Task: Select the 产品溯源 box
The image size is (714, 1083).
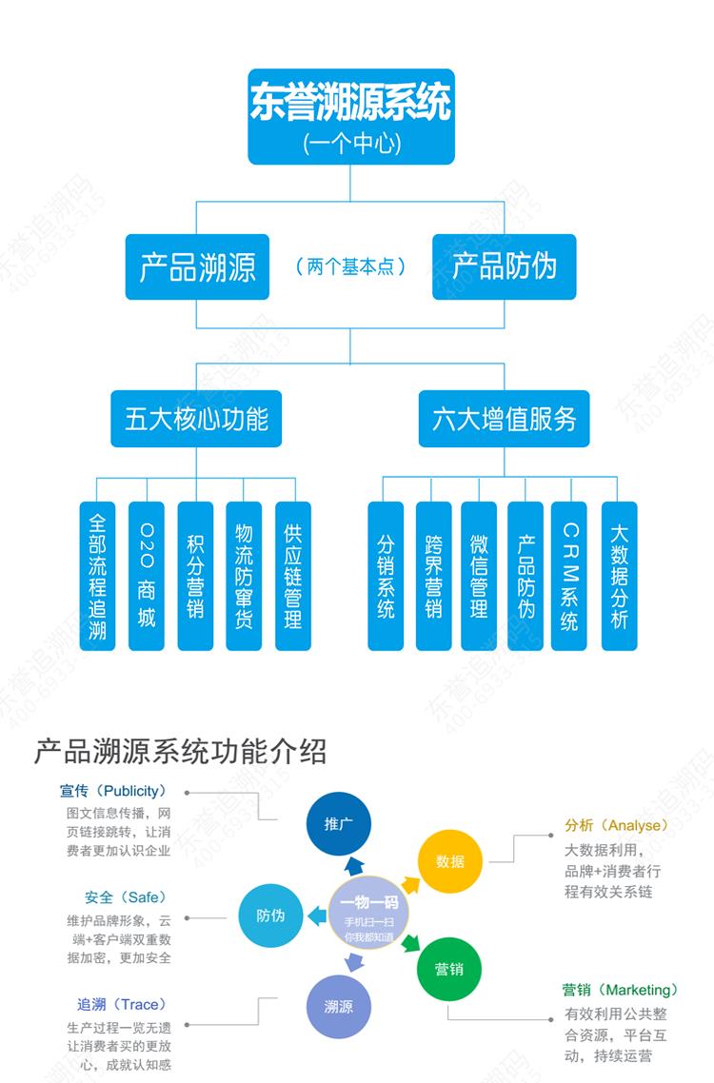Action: click(197, 266)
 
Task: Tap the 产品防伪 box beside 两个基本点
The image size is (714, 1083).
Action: click(504, 266)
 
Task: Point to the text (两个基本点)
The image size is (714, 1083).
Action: click(350, 266)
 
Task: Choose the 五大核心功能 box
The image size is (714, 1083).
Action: click(196, 419)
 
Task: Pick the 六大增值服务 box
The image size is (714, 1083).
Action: click(504, 419)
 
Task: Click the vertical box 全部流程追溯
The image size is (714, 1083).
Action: click(97, 576)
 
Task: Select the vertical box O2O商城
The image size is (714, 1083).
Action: click(146, 576)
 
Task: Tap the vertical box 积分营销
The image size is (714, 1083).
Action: click(195, 576)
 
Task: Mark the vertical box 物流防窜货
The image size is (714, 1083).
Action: click(244, 576)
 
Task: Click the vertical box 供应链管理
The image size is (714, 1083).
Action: click(292, 576)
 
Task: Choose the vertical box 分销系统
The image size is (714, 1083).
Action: click(386, 576)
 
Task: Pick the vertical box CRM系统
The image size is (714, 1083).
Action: click(569, 576)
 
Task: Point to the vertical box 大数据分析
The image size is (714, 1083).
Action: click(619, 576)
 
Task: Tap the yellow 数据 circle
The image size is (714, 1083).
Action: click(450, 861)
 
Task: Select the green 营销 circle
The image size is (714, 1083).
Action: click(449, 969)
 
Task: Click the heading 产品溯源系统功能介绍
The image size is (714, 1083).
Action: click(181, 752)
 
